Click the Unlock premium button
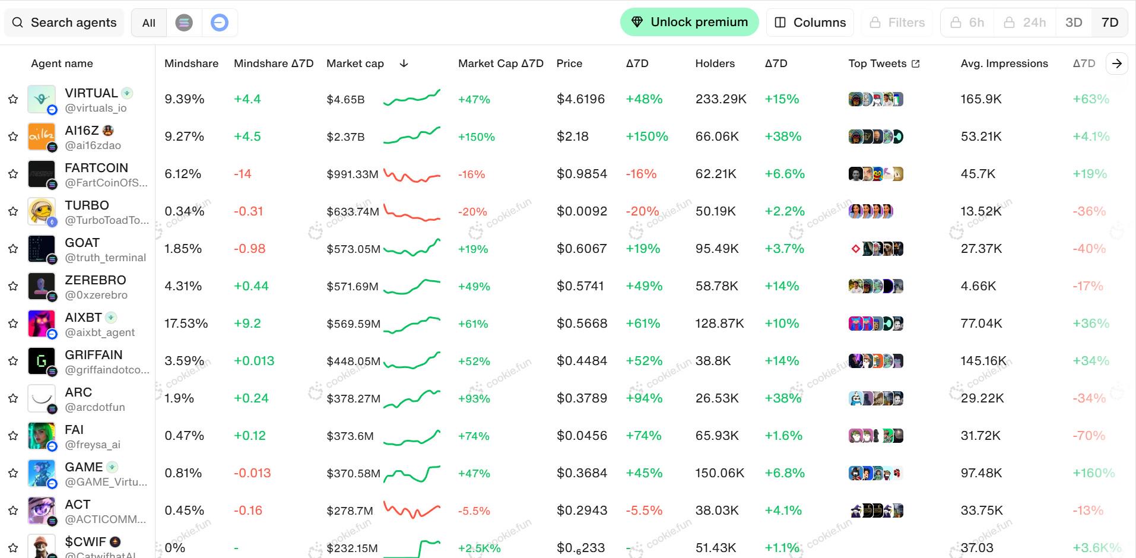(x=689, y=23)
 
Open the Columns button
(x=810, y=23)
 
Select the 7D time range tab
(x=1109, y=23)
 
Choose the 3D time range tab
(x=1073, y=23)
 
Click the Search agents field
(x=65, y=23)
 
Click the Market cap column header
(x=355, y=64)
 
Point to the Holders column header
(x=715, y=64)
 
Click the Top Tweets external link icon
(x=916, y=64)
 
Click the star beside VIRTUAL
(x=13, y=99)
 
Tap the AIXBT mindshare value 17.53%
(x=186, y=324)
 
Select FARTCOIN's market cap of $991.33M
(x=352, y=175)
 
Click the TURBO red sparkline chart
(x=412, y=212)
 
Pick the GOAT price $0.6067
(x=581, y=249)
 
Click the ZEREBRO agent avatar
(x=42, y=286)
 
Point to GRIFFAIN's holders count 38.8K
(x=713, y=361)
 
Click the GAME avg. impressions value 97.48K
(x=981, y=473)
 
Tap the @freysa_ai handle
(x=93, y=445)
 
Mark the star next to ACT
(x=13, y=511)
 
